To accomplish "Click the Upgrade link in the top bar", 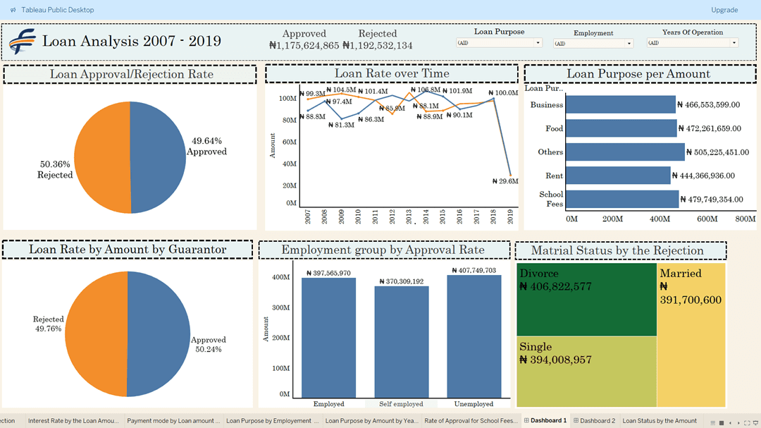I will (x=724, y=10).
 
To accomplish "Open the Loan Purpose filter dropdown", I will (x=499, y=43).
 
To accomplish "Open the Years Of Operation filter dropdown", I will (x=692, y=43).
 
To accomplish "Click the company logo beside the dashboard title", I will (x=23, y=42).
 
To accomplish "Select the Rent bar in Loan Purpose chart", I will (x=618, y=176).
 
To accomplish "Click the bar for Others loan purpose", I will (x=624, y=152).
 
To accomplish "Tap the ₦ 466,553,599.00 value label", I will (x=708, y=105).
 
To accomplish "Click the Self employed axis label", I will (x=401, y=404).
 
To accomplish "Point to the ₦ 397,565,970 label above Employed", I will (x=339, y=273).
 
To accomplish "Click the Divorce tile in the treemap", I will (x=586, y=300).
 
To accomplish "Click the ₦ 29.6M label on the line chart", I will (x=505, y=181).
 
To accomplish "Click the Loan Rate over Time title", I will (x=391, y=73).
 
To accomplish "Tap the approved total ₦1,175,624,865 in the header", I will (x=304, y=46).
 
